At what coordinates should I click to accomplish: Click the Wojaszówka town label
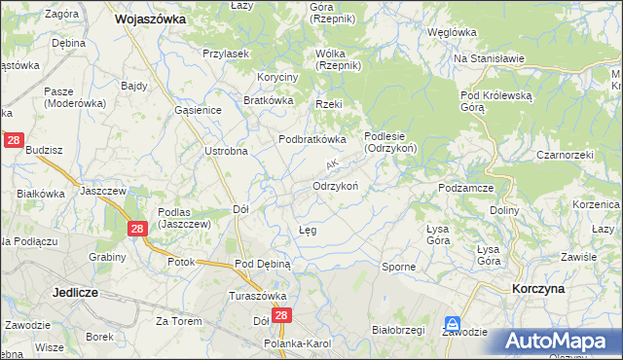click(x=151, y=18)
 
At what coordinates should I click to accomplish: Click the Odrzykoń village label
click(x=337, y=186)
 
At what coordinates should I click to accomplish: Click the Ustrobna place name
click(x=226, y=151)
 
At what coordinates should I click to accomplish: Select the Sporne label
click(x=399, y=266)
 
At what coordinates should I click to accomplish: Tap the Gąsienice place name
click(x=199, y=111)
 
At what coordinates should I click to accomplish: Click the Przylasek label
click(x=225, y=54)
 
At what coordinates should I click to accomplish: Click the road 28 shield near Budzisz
click(x=14, y=140)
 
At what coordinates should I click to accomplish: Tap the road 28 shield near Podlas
click(x=137, y=228)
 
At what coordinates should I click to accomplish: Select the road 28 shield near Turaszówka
click(x=281, y=316)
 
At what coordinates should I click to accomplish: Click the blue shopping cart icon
click(x=452, y=322)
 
